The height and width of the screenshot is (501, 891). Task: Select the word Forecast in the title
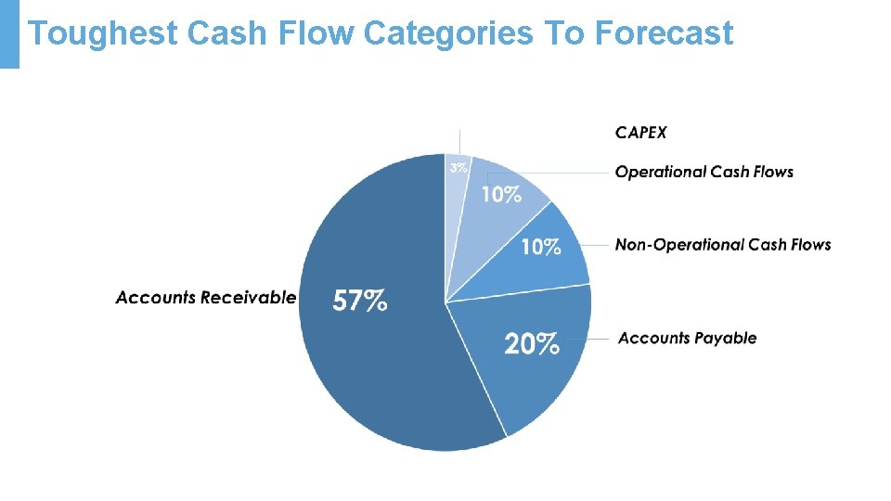coord(664,34)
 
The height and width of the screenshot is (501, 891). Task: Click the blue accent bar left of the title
coord(9,34)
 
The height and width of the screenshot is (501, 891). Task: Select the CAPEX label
coord(640,133)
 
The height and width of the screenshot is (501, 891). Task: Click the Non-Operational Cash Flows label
coord(723,245)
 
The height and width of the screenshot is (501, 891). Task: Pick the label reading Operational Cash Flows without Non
coord(704,172)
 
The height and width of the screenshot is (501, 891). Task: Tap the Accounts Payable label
coord(687,338)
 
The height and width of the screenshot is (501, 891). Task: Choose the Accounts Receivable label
coord(205,298)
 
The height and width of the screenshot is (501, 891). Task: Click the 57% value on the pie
coord(360,301)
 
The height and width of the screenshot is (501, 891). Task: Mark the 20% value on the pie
coord(532,344)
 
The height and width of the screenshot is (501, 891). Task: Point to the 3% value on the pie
coord(458,169)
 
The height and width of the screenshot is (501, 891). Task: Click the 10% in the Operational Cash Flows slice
coord(500,195)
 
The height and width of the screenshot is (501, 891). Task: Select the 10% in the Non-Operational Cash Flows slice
coord(540,247)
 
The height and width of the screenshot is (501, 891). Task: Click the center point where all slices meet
coord(445,302)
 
